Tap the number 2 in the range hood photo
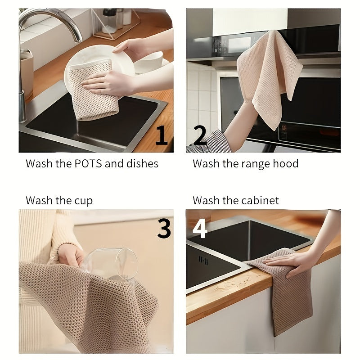pos(199,135)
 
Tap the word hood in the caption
pos(285,163)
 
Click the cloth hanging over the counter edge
pos(288,301)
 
